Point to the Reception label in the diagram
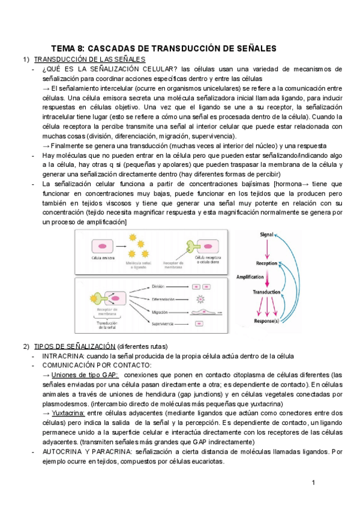pyautogui.click(x=266, y=263)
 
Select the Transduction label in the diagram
pyautogui.click(x=267, y=292)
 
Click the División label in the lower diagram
pyautogui.click(x=158, y=287)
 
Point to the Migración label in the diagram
pyautogui.click(x=159, y=312)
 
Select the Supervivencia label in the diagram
pyautogui.click(x=163, y=324)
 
